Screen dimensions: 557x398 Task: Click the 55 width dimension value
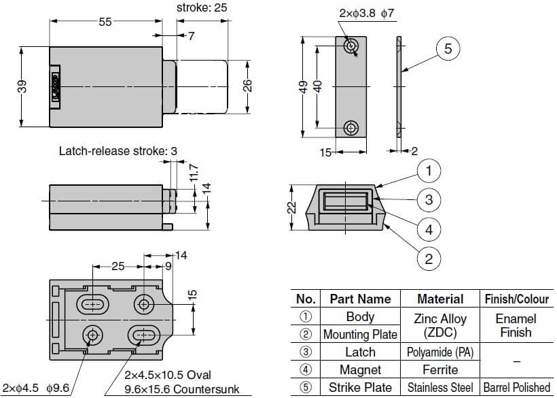(x=105, y=22)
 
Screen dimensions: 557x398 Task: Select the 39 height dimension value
(x=22, y=86)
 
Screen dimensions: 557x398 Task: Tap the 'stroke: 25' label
(x=202, y=7)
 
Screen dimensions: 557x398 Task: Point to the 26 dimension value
(x=248, y=86)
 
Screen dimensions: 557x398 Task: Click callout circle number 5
(x=448, y=48)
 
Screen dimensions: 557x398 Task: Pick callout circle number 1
(x=429, y=171)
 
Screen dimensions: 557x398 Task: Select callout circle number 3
(x=429, y=200)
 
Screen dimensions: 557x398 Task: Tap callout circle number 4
(x=429, y=229)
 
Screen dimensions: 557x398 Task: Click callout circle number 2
(x=429, y=259)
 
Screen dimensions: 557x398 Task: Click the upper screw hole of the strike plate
(x=351, y=46)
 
